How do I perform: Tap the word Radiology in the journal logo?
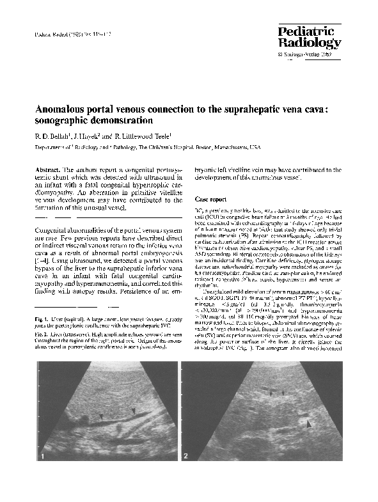pos(310,43)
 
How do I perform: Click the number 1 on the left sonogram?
pos(43,457)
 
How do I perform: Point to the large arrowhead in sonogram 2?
pos(310,423)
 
